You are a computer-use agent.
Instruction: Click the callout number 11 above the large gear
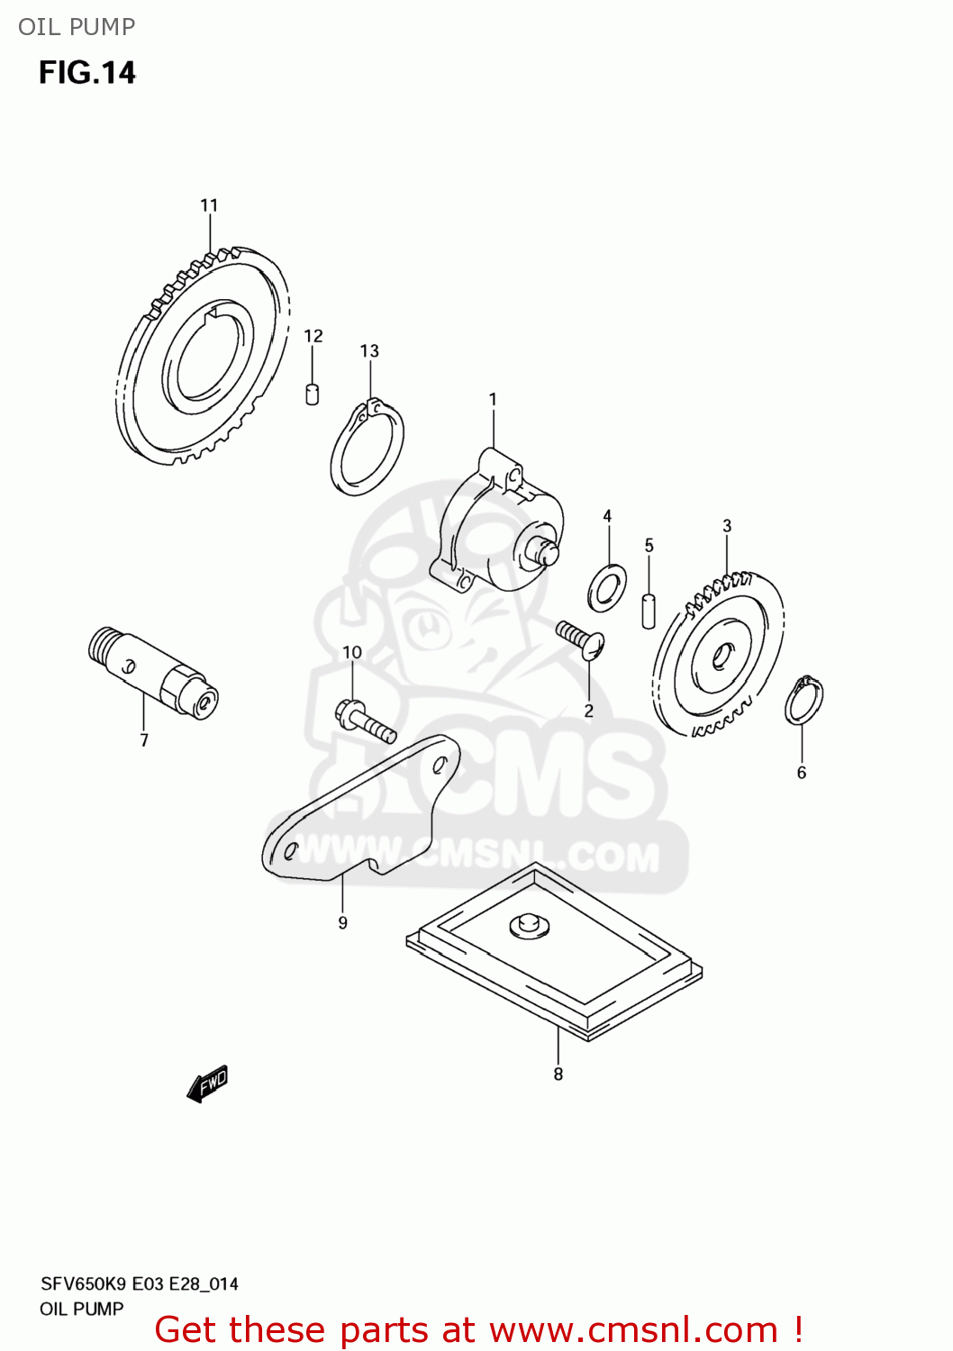(x=209, y=205)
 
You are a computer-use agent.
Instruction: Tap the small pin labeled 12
(x=313, y=394)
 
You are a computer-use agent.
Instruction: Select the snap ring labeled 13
(x=368, y=448)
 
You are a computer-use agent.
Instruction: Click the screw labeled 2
(x=580, y=639)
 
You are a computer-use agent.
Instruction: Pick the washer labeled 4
(x=607, y=586)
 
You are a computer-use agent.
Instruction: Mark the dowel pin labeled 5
(x=649, y=610)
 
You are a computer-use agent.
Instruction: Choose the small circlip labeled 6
(x=803, y=701)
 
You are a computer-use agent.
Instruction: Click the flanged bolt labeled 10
(x=365, y=720)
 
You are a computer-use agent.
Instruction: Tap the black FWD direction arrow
(x=208, y=1084)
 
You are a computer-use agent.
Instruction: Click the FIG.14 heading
(x=87, y=73)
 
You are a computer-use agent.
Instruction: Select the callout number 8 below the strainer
(x=558, y=1074)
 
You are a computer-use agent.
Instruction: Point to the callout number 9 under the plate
(x=342, y=922)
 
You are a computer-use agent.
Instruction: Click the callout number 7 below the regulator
(x=144, y=740)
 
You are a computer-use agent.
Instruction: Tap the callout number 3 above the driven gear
(x=727, y=526)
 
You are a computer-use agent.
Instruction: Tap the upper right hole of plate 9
(x=440, y=766)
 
